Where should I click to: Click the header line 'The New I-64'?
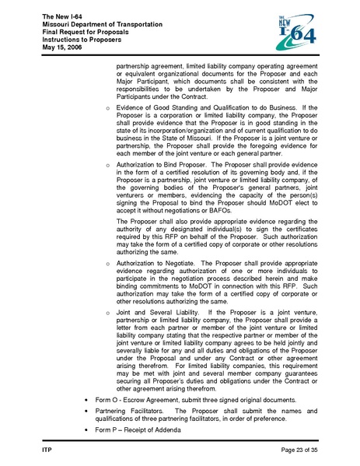click(x=51, y=16)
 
